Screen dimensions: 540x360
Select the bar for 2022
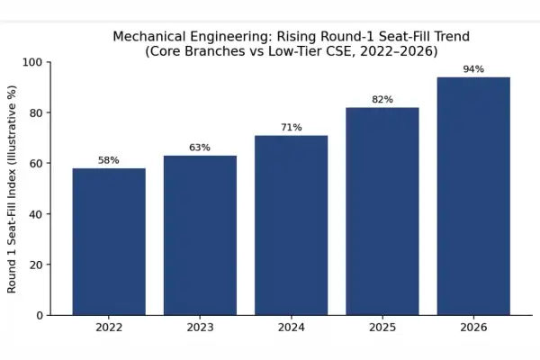[109, 241]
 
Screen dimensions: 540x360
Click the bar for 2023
[200, 235]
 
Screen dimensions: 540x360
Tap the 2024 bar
[292, 225]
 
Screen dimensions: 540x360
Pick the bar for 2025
[382, 211]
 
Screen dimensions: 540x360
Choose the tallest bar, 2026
[473, 196]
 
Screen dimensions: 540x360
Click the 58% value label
[109, 160]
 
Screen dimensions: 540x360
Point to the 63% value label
[200, 148]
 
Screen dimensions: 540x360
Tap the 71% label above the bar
[292, 128]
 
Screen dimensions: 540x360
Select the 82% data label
[382, 100]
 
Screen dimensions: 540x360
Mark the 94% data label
[473, 69]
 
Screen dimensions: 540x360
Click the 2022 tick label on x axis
[109, 328]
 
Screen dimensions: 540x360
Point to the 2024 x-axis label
[292, 328]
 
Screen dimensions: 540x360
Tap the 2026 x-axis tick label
[473, 328]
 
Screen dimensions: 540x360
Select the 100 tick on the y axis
[32, 62]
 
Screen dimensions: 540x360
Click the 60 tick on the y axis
[36, 163]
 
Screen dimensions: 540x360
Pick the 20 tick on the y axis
[36, 265]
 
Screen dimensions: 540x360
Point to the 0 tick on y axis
[40, 316]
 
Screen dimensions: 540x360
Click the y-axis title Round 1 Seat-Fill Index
[12, 189]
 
